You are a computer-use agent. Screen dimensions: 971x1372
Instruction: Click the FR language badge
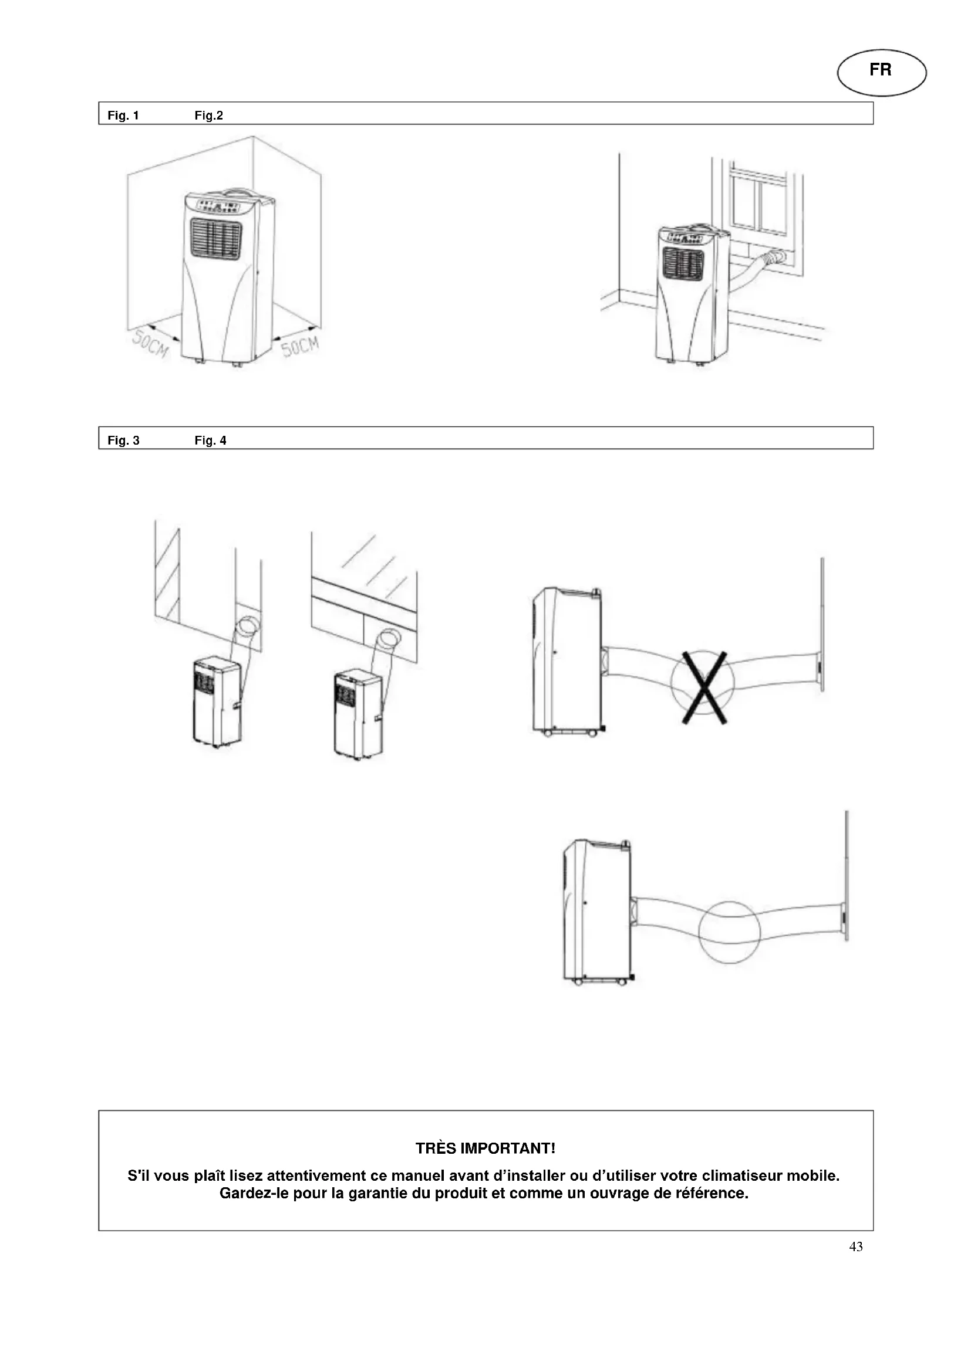pyautogui.click(x=881, y=72)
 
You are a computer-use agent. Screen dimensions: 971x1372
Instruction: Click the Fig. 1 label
pyautogui.click(x=123, y=116)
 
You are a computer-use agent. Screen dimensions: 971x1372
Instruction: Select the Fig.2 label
pyautogui.click(x=208, y=116)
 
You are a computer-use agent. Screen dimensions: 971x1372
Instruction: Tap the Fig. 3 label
pyautogui.click(x=123, y=441)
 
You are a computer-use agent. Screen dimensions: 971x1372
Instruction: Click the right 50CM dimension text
pyautogui.click(x=300, y=345)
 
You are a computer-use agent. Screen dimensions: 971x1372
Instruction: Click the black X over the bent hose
pyautogui.click(x=704, y=687)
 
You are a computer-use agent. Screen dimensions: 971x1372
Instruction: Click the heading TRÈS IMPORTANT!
pyautogui.click(x=485, y=1149)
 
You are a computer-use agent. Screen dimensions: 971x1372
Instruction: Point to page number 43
pyautogui.click(x=855, y=1246)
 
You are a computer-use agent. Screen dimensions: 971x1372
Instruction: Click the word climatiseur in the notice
pyautogui.click(x=741, y=1176)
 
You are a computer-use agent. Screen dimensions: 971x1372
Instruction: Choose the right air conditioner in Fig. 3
pyautogui.click(x=359, y=714)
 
